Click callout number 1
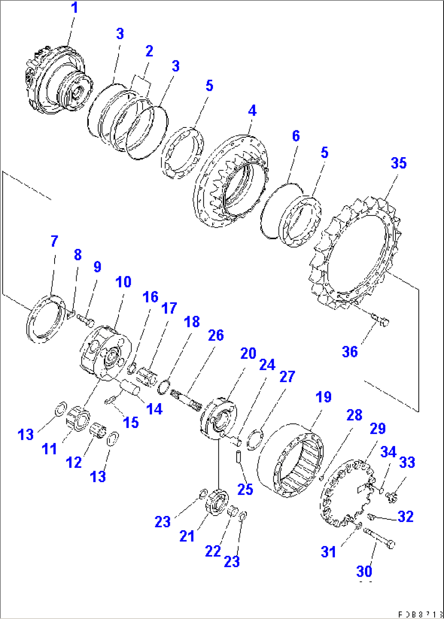click(75, 8)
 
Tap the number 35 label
click(398, 163)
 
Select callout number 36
click(349, 351)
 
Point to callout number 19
click(323, 397)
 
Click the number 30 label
click(364, 571)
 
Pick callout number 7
click(55, 241)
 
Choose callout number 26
click(216, 335)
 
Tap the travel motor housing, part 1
click(57, 79)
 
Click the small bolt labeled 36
click(382, 320)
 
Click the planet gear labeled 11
click(78, 417)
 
